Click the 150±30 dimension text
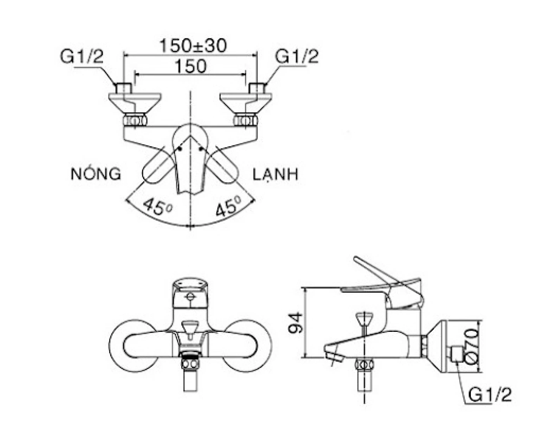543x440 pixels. coord(193,46)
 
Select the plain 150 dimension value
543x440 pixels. coord(190,66)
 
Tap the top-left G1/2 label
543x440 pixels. coord(82,57)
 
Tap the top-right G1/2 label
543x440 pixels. coord(297,57)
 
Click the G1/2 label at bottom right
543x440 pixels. coord(490,395)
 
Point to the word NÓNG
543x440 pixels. coord(96,174)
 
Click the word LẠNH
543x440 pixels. coord(276,174)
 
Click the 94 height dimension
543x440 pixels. coord(296,322)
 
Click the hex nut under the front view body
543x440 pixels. coord(190,364)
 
